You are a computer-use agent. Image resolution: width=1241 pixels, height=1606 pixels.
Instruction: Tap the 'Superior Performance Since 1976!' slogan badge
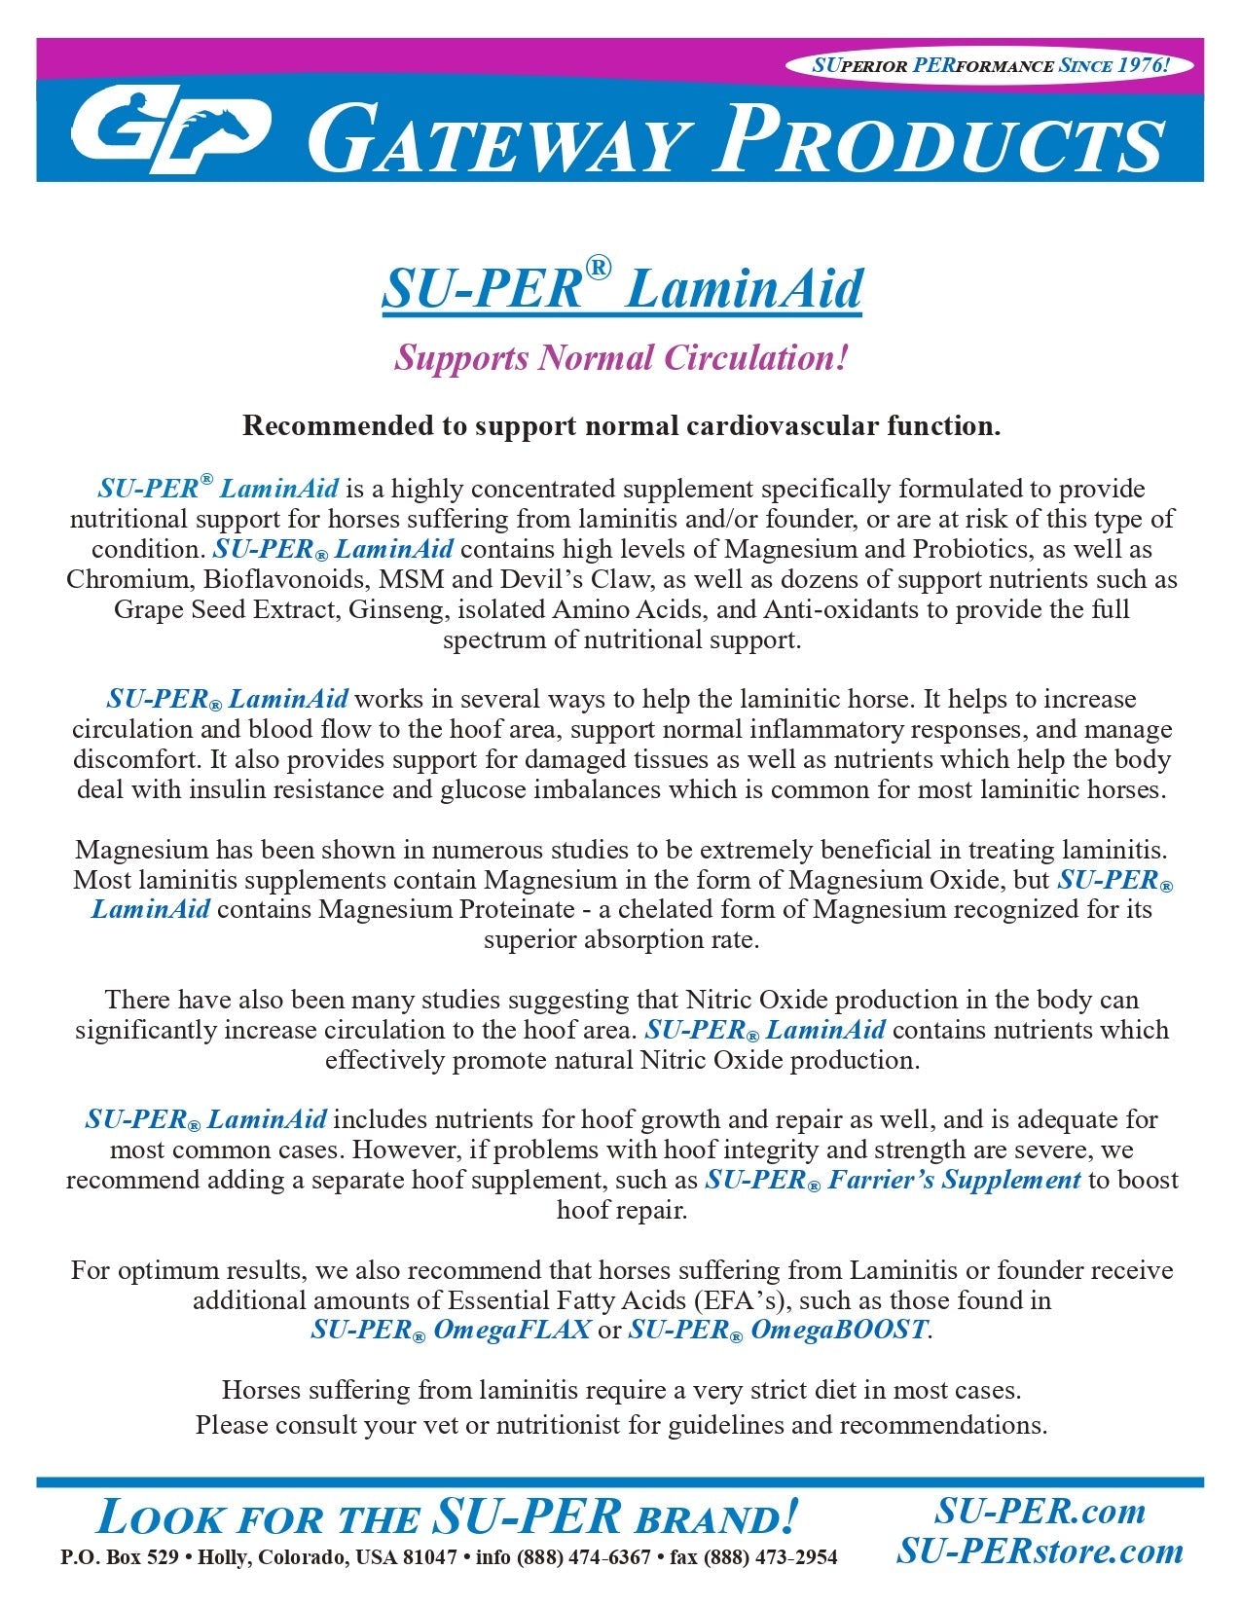[991, 66]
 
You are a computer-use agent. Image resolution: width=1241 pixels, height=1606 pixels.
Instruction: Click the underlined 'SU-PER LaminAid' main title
[621, 288]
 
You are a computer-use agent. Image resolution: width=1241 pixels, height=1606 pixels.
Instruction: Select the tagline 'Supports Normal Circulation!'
[621, 358]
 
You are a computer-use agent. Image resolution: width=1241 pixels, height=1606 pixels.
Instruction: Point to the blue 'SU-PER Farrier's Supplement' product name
[892, 1181]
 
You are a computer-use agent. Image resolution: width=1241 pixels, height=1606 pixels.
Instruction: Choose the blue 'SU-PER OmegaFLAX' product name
[451, 1330]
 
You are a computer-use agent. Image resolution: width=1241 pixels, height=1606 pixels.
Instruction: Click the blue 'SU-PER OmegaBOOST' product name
[778, 1330]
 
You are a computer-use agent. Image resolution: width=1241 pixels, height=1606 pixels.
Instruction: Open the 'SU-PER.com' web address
[1040, 1511]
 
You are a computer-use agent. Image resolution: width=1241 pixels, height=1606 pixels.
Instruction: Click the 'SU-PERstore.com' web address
[1040, 1551]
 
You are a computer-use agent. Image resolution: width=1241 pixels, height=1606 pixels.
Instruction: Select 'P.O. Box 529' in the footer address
[119, 1557]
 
